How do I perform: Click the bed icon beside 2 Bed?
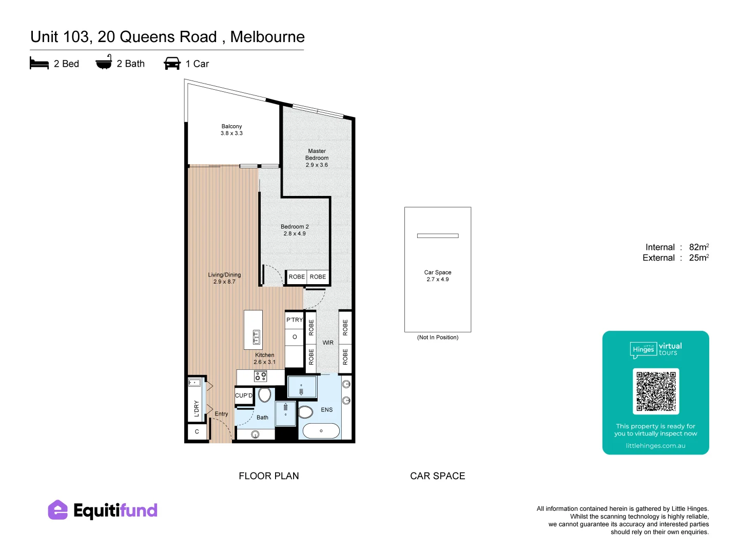(x=39, y=63)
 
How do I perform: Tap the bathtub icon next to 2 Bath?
(x=103, y=62)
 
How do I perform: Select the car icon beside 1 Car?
(x=172, y=63)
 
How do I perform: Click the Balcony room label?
(x=231, y=126)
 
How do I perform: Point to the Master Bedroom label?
(x=317, y=154)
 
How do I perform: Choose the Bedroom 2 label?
(x=294, y=227)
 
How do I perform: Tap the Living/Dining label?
(x=224, y=275)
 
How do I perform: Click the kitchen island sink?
(x=256, y=337)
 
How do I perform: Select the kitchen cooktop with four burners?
(x=260, y=376)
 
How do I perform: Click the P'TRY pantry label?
(x=294, y=320)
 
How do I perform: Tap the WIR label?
(x=327, y=343)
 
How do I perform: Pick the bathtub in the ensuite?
(x=321, y=431)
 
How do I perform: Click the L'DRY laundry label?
(x=196, y=409)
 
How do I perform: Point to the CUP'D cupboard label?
(x=243, y=395)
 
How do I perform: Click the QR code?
(x=655, y=391)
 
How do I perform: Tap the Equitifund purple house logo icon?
(x=57, y=510)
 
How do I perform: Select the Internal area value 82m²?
(x=698, y=247)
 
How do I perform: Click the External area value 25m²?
(x=698, y=258)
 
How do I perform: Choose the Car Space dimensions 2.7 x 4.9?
(x=437, y=279)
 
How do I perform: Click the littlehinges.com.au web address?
(x=655, y=446)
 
